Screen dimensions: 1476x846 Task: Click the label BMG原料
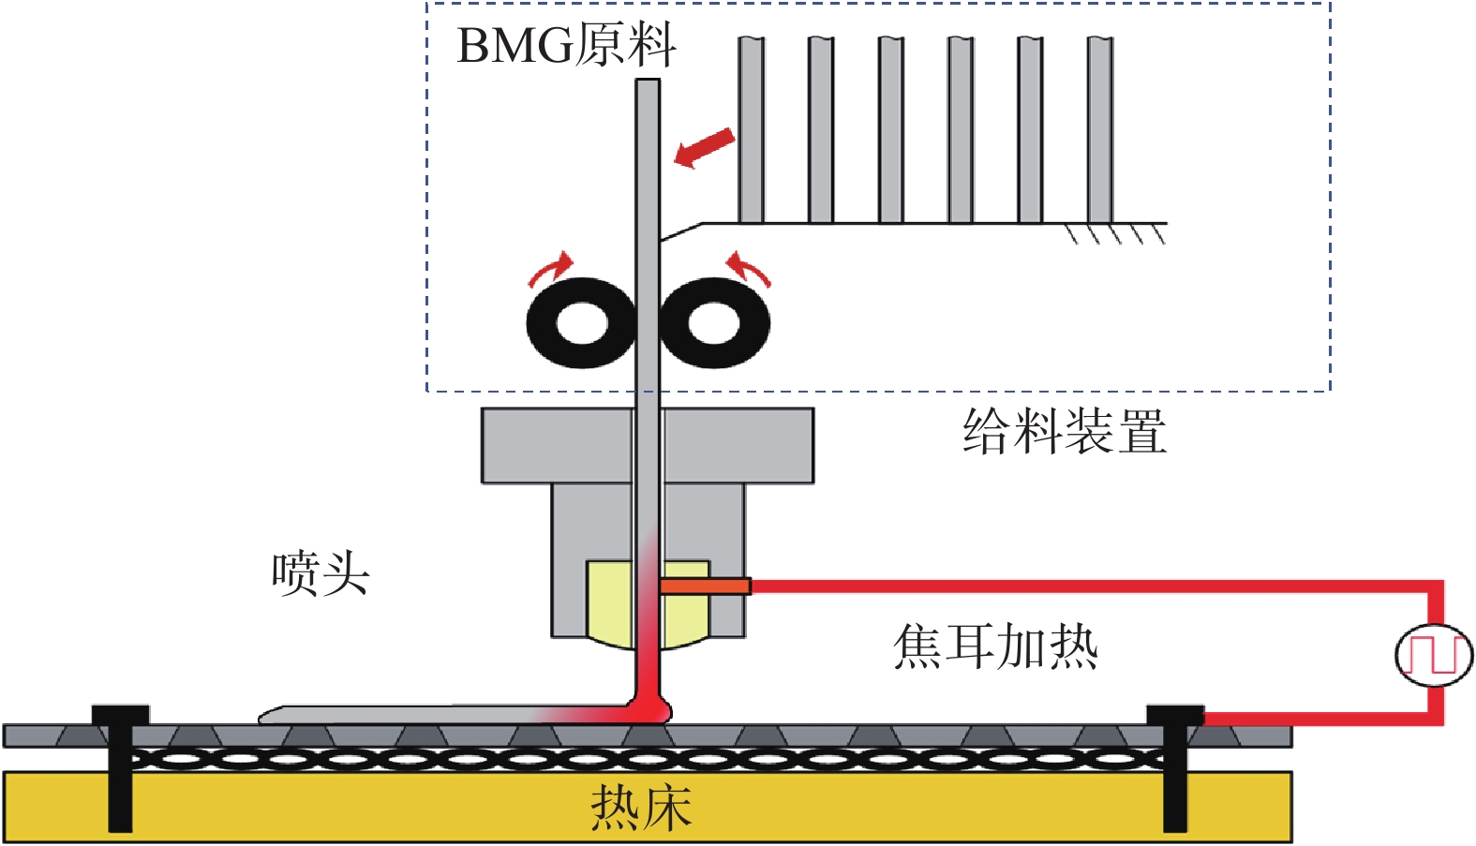pos(567,45)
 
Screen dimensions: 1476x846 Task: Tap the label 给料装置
pos(1065,431)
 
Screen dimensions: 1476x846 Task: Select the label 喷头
pos(321,574)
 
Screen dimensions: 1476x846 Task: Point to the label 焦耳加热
pos(995,647)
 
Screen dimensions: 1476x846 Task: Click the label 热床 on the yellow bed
pos(641,808)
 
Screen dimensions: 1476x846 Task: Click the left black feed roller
pos(582,323)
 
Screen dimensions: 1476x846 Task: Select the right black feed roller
pos(714,323)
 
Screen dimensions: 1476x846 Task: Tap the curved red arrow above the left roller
pos(552,268)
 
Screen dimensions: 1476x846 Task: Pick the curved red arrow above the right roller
pos(748,268)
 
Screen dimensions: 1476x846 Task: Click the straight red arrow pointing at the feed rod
pos(705,148)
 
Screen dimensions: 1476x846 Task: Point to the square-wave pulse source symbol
pos(1434,655)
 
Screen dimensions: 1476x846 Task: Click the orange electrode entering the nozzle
pos(705,586)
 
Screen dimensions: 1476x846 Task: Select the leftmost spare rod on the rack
pos(752,130)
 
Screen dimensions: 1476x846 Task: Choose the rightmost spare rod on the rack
pos(1100,130)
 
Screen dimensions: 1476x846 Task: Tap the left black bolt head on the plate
pos(120,715)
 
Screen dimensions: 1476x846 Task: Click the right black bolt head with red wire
pos(1175,715)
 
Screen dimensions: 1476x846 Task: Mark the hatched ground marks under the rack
pos(1117,234)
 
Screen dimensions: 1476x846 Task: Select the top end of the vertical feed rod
pos(648,80)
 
